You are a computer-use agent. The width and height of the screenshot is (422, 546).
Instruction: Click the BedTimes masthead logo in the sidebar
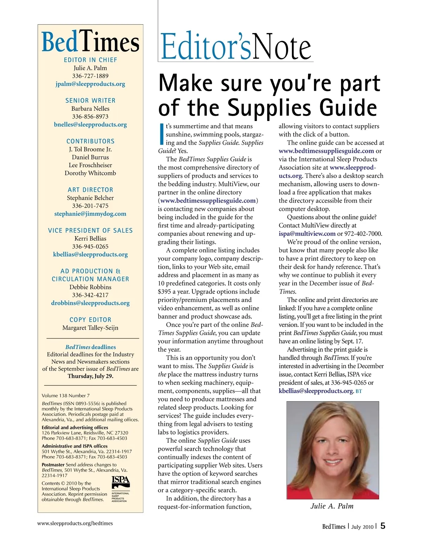(x=90, y=43)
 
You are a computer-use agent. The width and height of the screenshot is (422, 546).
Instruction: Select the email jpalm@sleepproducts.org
(x=90, y=84)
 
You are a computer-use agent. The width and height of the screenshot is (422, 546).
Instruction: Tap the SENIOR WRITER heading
(x=90, y=101)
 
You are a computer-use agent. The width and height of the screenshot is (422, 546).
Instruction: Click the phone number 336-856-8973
(x=90, y=116)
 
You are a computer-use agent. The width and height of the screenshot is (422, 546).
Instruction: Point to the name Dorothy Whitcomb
(x=90, y=173)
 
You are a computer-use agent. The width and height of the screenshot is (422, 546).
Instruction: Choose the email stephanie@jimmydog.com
(x=90, y=214)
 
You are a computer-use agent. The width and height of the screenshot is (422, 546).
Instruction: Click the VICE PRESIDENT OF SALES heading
(x=90, y=231)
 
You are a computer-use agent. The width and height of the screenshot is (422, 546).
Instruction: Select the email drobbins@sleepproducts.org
(x=90, y=303)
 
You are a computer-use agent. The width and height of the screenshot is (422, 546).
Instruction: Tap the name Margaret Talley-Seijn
(x=90, y=328)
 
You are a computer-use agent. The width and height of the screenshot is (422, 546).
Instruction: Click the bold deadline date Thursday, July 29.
(x=90, y=376)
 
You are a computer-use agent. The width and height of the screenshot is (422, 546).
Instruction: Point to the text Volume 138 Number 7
(x=66, y=396)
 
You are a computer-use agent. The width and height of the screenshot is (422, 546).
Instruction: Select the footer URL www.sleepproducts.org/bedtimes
(x=75, y=523)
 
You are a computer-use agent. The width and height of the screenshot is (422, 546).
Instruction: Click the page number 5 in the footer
(x=383, y=526)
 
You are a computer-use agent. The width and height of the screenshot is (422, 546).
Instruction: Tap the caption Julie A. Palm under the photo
(x=332, y=506)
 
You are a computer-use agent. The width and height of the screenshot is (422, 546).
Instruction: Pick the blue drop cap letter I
(x=162, y=134)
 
